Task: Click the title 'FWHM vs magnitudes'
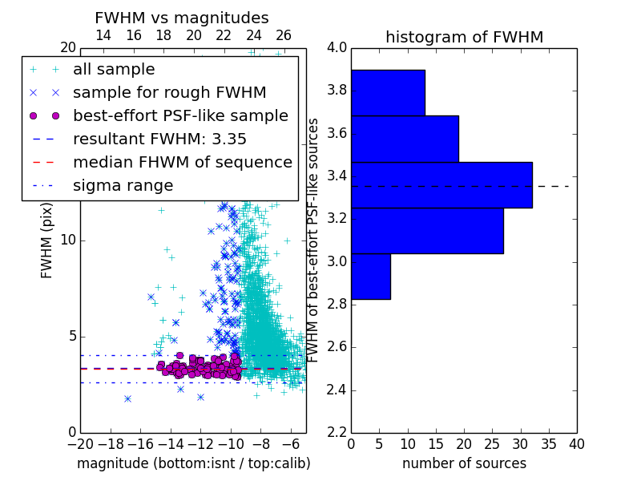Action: (x=182, y=18)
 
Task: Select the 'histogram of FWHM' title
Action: (x=465, y=37)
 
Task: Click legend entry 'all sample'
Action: (x=114, y=70)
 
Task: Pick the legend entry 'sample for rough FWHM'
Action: (x=170, y=93)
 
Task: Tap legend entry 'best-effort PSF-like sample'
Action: (x=181, y=116)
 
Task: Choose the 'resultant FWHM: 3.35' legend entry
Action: (x=159, y=139)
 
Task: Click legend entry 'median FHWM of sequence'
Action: (x=183, y=163)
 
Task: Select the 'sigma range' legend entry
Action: (x=123, y=186)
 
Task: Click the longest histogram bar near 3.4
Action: (x=442, y=185)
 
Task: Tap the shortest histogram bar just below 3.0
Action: (x=371, y=277)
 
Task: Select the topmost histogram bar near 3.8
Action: (x=389, y=93)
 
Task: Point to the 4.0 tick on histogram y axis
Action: (x=337, y=48)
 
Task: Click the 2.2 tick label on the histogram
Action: (x=337, y=433)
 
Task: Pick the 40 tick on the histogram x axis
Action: (x=577, y=445)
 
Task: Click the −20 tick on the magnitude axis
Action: (x=81, y=445)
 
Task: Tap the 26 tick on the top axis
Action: (x=284, y=36)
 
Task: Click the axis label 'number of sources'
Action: (x=465, y=464)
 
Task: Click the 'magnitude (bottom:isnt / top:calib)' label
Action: (x=194, y=464)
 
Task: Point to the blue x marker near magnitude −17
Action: (x=128, y=398)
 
